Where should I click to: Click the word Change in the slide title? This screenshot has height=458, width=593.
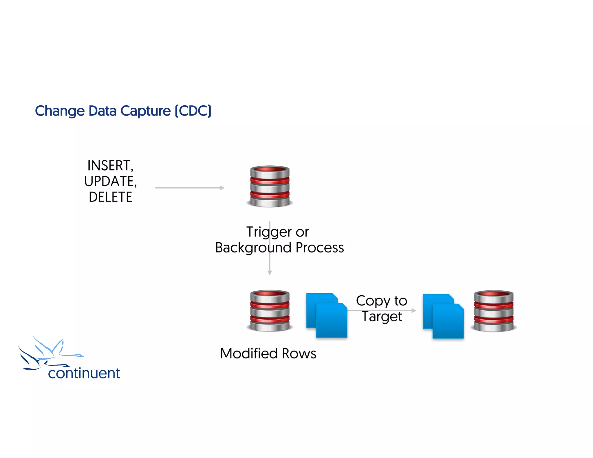60,111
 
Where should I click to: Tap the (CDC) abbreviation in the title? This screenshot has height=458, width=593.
193,111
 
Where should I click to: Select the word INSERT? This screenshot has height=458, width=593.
110,166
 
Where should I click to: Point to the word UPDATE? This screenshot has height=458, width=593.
110,182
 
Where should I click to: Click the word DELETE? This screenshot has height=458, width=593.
110,197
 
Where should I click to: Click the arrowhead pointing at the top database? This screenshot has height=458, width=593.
222,188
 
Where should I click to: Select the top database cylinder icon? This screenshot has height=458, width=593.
270,186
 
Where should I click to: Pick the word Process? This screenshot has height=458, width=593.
320,248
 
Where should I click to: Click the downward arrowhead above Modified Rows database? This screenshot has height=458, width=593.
270,273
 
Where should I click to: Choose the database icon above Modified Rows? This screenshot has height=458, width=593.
270,311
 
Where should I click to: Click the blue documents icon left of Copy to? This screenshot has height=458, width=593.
327,316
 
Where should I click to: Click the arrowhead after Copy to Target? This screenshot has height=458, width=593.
414,310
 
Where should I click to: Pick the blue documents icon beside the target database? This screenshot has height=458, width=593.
443,316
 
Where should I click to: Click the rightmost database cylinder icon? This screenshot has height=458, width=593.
493,311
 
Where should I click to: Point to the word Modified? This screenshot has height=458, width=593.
249,353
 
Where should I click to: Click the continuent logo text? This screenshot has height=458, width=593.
84,373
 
